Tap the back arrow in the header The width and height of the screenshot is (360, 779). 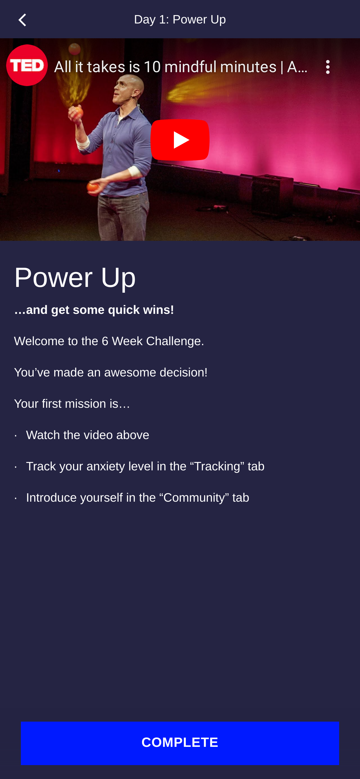22,20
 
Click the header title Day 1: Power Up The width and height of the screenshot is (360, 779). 180,20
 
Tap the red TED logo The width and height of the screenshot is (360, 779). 27,65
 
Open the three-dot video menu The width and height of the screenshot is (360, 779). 328,67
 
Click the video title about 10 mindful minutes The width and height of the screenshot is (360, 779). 181,67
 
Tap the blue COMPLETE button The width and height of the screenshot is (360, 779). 180,743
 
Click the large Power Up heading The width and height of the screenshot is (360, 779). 75,278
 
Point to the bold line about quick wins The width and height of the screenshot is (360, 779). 94,310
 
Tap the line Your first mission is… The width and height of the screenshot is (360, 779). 72,404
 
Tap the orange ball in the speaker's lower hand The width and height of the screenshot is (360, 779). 92,187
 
